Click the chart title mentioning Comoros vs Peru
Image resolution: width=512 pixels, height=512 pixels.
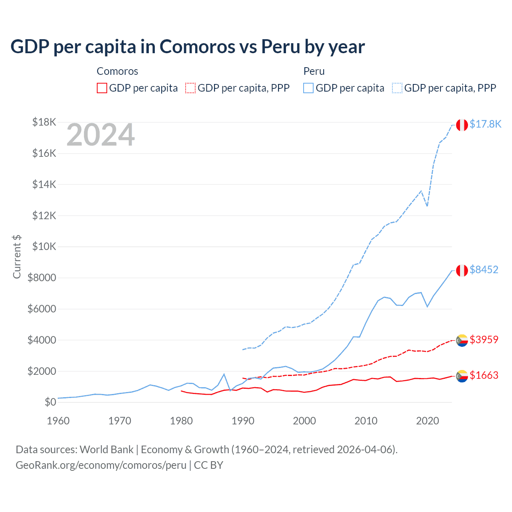187,47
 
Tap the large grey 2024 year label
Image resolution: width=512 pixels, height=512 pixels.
100,135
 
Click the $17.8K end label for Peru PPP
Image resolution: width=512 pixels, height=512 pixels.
485,124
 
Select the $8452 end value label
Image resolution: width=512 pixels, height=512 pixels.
484,270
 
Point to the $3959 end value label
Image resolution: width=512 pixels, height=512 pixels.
484,340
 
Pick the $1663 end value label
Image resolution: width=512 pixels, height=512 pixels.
484,375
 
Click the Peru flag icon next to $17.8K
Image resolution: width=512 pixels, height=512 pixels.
462,125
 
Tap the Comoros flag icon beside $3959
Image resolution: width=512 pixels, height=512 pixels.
462,340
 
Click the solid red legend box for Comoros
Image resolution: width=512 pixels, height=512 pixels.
102,88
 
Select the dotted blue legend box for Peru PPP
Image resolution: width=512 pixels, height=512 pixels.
397,88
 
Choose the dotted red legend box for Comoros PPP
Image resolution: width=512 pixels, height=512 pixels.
191,88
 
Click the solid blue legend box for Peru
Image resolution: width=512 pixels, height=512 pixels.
308,88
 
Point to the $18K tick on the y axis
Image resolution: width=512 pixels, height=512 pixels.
44,122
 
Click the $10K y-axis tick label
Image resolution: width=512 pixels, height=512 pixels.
44,246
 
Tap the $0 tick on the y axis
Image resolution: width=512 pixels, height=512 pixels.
50,402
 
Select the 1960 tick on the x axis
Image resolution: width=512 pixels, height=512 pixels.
58,421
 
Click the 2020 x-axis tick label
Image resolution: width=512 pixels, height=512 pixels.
428,421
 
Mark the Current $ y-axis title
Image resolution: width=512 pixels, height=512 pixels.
17,256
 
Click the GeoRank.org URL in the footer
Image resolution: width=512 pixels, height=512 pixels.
101,465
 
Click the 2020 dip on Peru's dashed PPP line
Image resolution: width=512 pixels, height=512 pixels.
427,206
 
